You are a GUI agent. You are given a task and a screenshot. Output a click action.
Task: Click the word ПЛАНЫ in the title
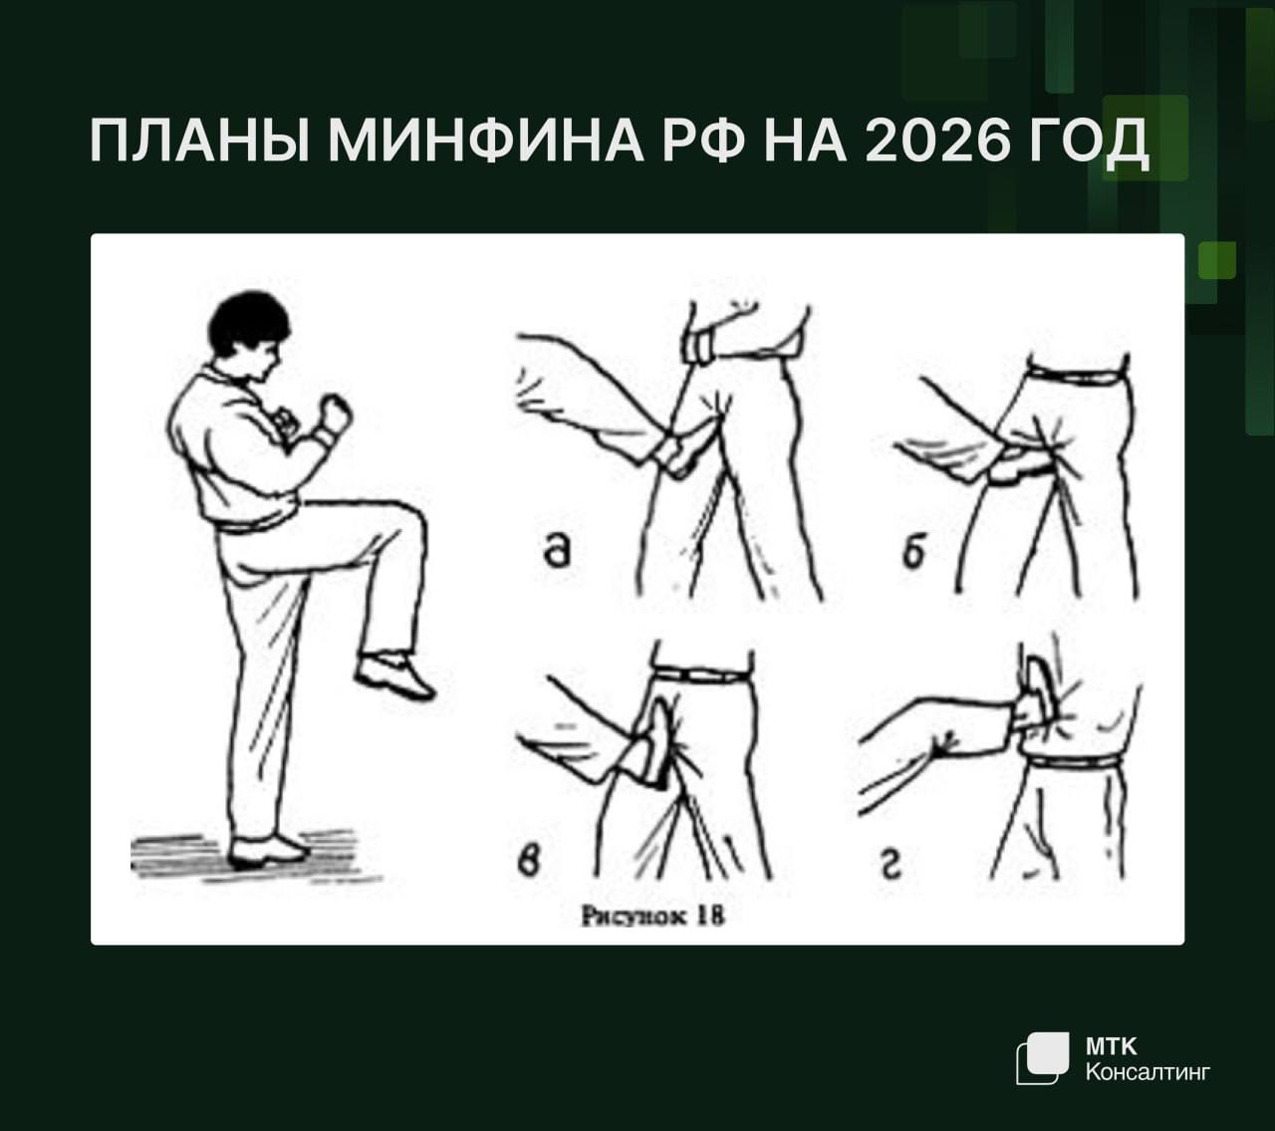(x=199, y=141)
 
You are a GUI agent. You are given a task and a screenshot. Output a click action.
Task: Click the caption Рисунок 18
(x=652, y=917)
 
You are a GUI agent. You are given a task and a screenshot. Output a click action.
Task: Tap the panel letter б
(x=914, y=552)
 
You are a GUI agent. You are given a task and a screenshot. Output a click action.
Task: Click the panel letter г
(x=892, y=865)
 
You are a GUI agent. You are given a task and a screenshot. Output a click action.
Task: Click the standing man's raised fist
(x=336, y=413)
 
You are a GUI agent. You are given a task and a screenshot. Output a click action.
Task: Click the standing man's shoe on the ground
(x=267, y=852)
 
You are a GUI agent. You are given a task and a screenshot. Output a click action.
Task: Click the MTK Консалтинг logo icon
(x=1042, y=1058)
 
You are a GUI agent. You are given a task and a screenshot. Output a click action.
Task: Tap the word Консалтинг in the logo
(x=1147, y=1072)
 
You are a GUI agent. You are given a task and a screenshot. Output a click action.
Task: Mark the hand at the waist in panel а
(x=700, y=346)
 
